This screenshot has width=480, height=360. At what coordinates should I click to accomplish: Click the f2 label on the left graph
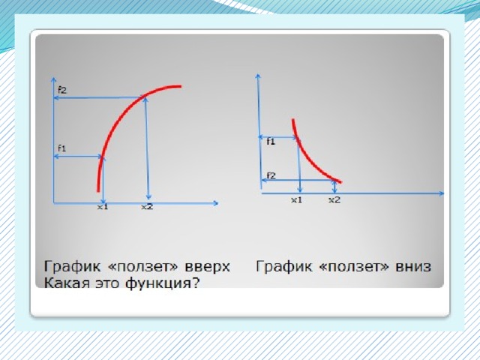pos(62,90)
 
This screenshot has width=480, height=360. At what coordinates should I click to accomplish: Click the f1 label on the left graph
pos(61,148)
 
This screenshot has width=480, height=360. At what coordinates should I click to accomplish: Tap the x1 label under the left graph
pos(103,207)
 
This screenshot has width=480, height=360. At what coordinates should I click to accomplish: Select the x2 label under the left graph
pos(147,207)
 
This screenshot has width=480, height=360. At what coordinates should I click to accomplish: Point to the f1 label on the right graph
pos(271,142)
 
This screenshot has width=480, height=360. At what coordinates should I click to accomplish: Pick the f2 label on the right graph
pos(271,175)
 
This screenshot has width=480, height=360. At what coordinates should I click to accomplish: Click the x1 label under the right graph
pos(296,200)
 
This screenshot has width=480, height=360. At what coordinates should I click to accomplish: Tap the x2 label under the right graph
pos(334,200)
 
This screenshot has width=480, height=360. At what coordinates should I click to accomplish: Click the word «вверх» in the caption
pos(207,267)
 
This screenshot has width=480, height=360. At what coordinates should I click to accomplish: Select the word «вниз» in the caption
pos(413,266)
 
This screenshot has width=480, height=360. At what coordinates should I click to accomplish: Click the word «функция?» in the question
pos(162,283)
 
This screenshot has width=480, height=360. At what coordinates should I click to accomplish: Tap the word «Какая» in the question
pos(64,283)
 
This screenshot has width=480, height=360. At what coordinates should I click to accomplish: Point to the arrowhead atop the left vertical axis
pos(53,79)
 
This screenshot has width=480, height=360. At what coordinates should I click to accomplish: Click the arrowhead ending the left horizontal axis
pos(216,203)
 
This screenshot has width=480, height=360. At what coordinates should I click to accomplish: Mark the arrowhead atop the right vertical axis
pos(258,76)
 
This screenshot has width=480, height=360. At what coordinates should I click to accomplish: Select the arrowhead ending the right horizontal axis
pos(442,193)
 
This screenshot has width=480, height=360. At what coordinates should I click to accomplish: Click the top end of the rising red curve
pos(181,87)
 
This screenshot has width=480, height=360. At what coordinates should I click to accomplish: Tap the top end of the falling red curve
pos(293,120)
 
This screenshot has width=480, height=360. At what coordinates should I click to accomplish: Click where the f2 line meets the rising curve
pos(144,97)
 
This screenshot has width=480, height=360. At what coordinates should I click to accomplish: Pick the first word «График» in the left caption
pos(72,267)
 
